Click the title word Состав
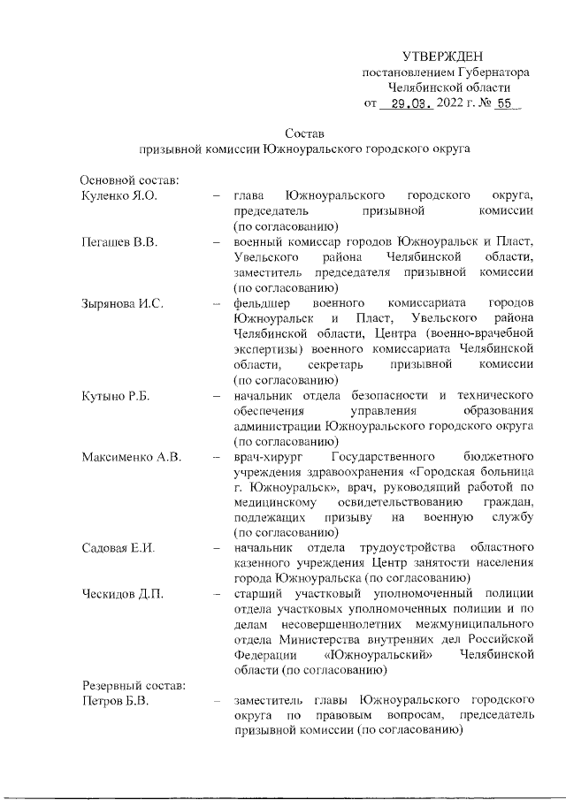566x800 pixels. coord(306,133)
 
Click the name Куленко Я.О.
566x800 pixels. coord(119,194)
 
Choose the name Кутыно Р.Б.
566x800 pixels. coord(116,395)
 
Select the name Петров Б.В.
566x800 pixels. coord(115,702)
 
